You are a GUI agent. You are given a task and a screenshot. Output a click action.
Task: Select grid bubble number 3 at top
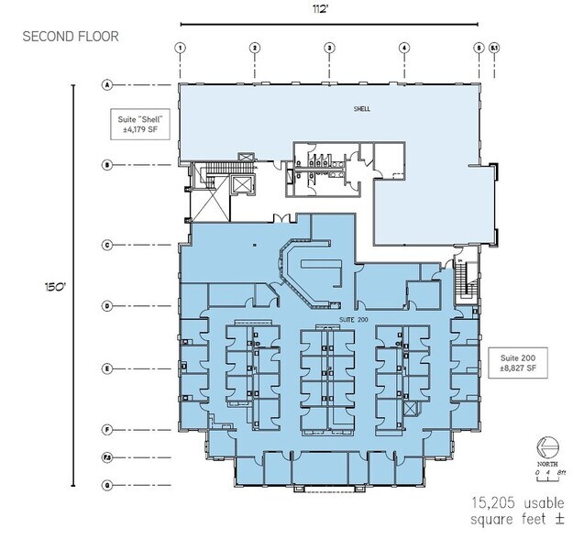coord(329,48)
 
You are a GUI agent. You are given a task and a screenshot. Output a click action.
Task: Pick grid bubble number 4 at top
coord(403,48)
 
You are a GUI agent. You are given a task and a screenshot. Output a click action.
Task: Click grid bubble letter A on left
coord(107,85)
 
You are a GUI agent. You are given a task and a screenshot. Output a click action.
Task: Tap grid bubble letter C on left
coord(107,246)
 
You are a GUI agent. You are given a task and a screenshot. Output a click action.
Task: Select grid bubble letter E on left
coord(107,369)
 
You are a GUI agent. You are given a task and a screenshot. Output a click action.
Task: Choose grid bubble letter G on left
coord(107,485)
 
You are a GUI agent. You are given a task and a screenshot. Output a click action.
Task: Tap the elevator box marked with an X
coord(241,185)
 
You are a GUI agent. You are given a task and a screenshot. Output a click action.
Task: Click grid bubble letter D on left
coord(107,306)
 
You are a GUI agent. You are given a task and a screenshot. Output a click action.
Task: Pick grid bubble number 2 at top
coord(255,48)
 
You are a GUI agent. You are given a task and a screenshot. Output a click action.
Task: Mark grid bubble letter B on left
coord(107,166)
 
